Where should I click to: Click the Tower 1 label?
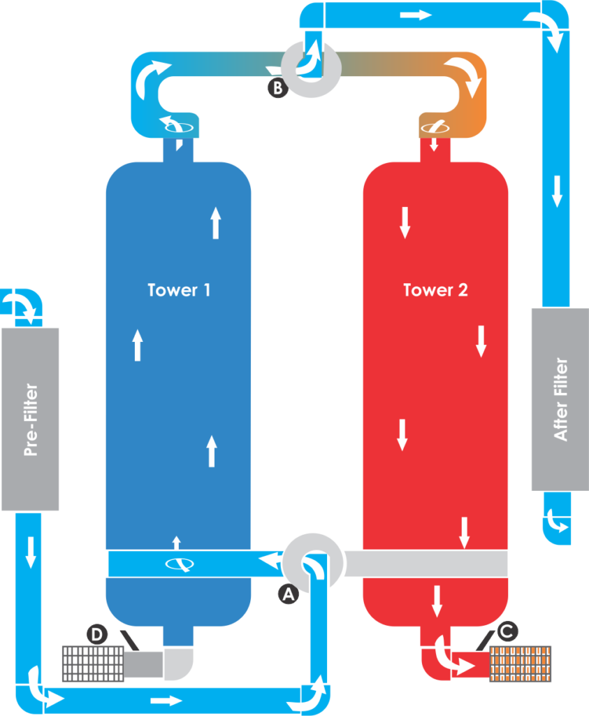(x=179, y=289)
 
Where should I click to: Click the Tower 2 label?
(x=435, y=289)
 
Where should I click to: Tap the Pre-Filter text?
(x=30, y=420)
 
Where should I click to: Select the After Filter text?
(x=560, y=399)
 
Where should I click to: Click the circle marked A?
(x=288, y=594)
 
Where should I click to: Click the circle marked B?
(x=278, y=88)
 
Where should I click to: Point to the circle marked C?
(x=508, y=631)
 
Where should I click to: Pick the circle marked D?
(x=97, y=634)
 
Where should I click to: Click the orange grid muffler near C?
(x=521, y=664)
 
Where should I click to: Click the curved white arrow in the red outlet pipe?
(x=447, y=655)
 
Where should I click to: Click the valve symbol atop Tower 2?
(x=434, y=127)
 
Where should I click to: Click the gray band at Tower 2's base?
(x=426, y=564)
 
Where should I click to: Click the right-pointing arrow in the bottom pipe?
(x=166, y=699)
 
